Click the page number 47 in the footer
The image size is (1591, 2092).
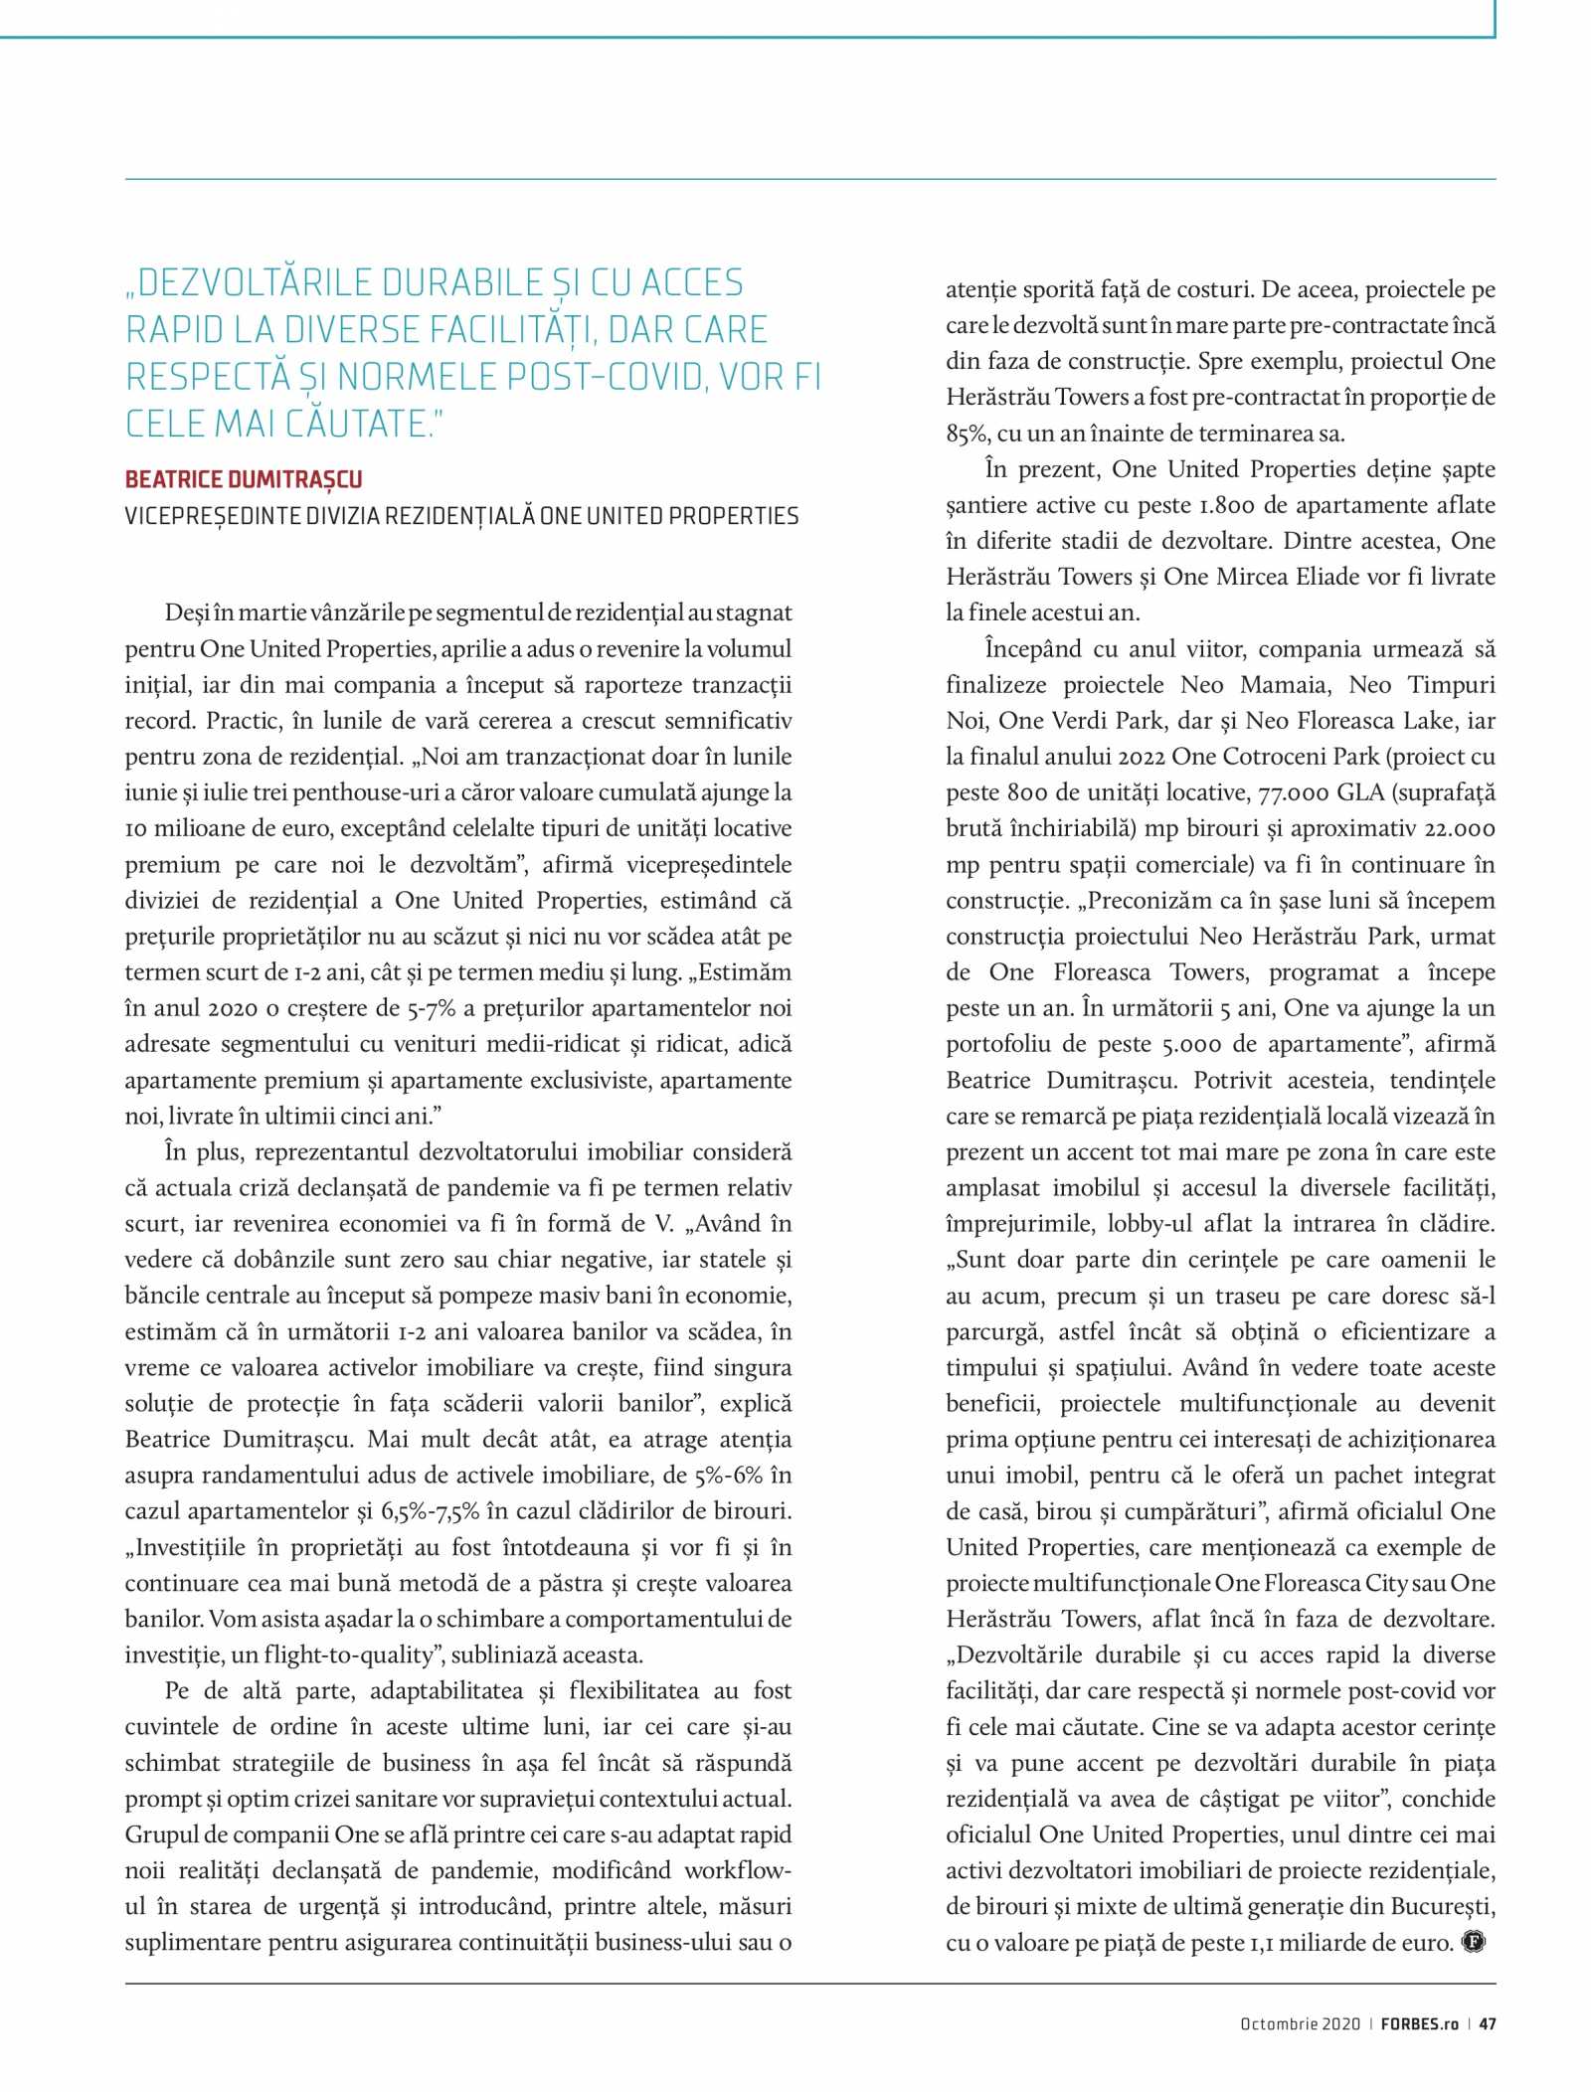tap(1488, 2023)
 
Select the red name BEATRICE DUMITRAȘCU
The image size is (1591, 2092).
tap(244, 479)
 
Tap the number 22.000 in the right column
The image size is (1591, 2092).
tap(1460, 828)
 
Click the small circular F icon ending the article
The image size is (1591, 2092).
tap(1473, 1942)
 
